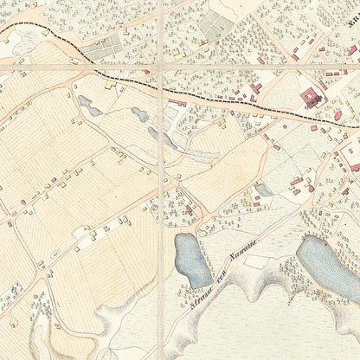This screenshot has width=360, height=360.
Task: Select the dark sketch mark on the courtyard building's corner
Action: pos(317,101)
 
